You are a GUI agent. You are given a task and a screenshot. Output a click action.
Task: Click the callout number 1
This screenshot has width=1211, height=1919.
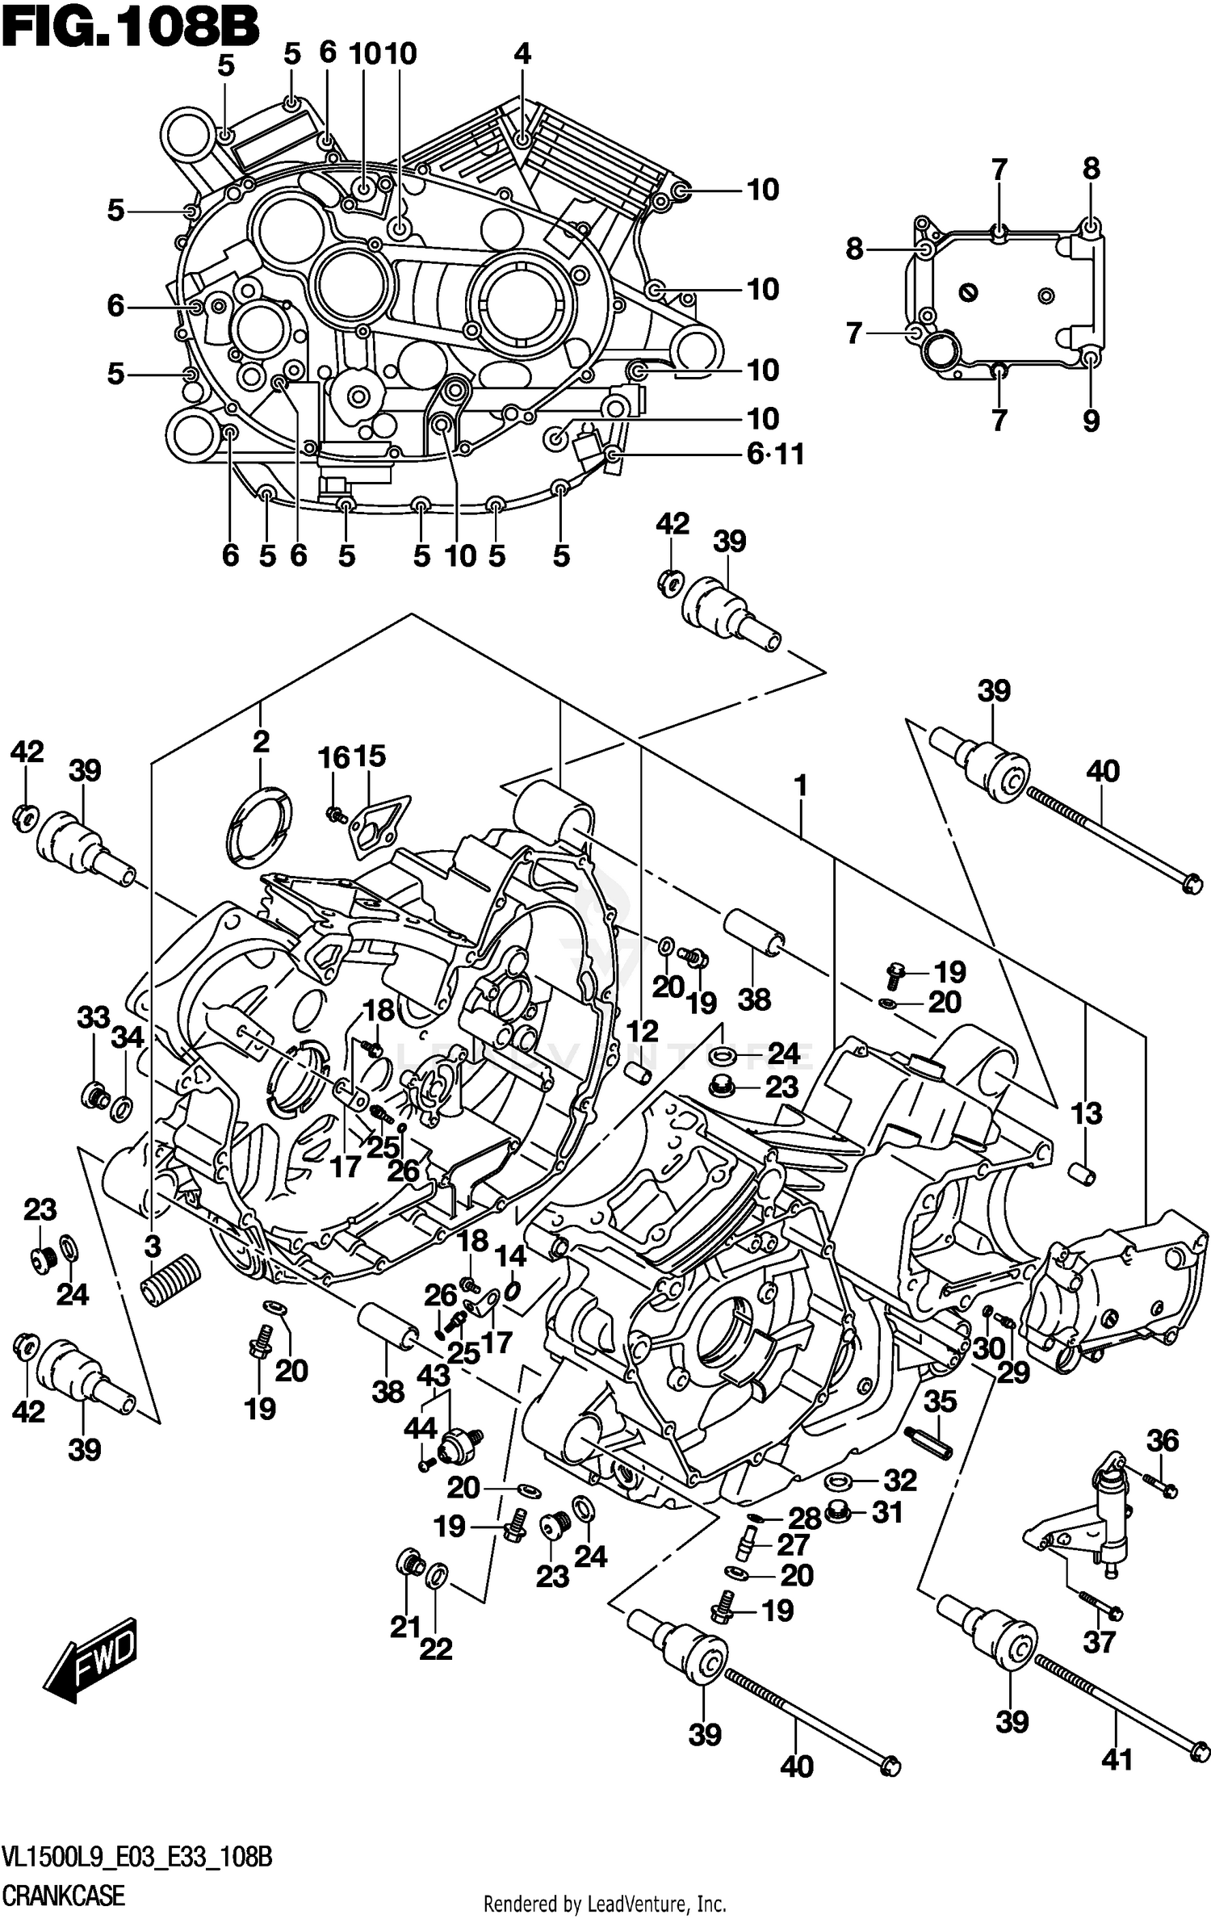800,786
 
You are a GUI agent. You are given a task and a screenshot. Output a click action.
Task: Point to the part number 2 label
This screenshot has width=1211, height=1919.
260,742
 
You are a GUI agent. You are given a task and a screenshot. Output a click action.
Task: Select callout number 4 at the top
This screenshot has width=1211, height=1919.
522,54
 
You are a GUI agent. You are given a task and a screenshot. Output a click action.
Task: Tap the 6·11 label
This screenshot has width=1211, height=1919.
775,455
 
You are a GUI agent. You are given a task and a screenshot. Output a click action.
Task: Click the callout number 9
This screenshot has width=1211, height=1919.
1091,420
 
